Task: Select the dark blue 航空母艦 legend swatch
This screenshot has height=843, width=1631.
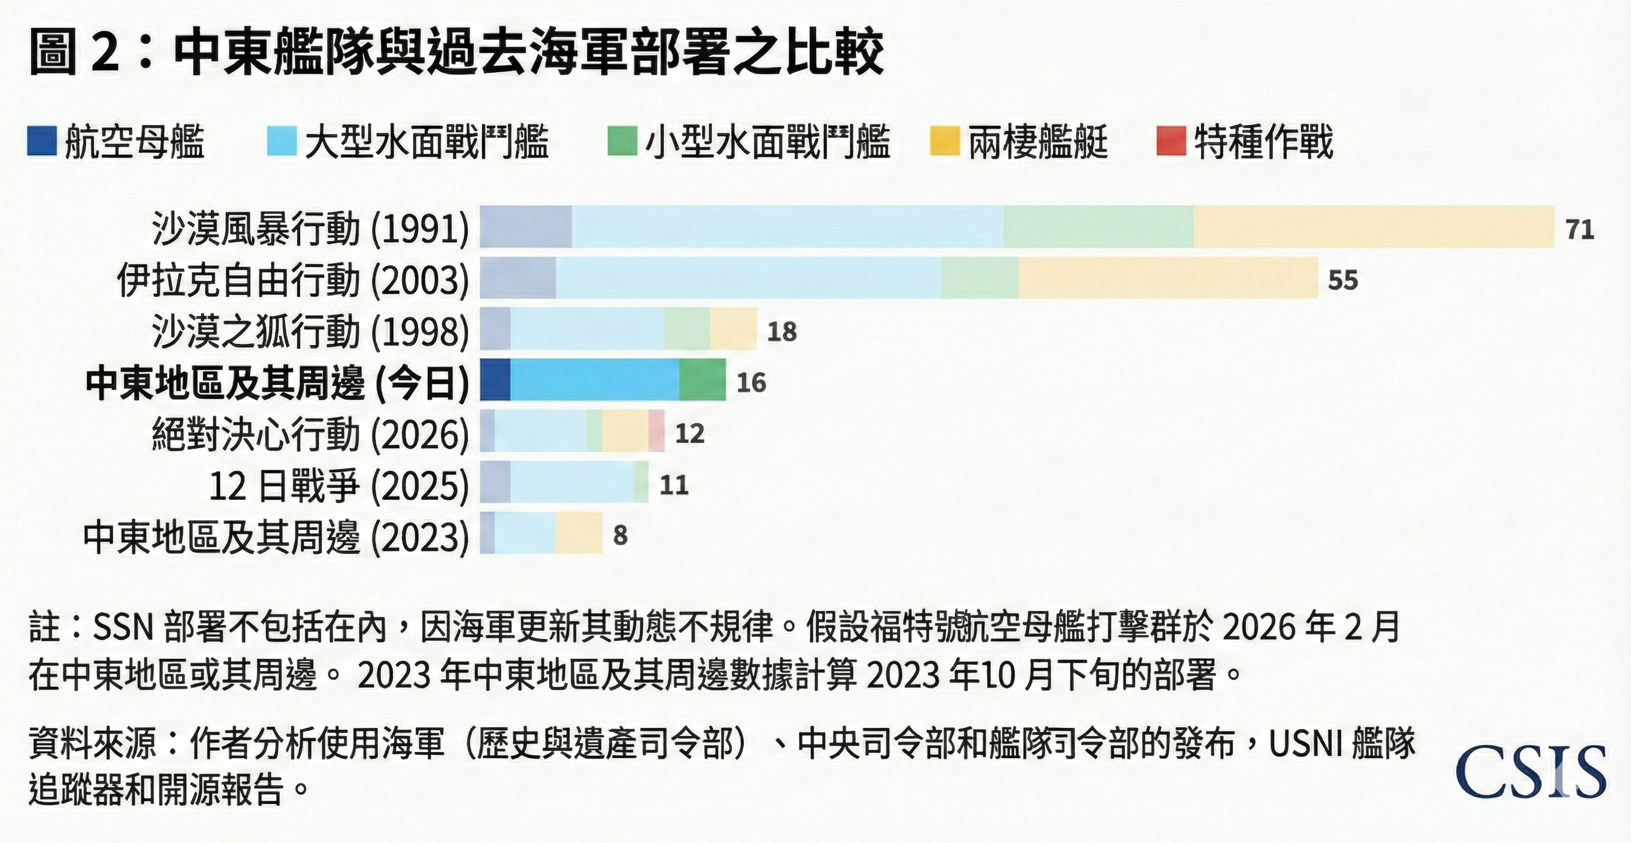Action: (42, 141)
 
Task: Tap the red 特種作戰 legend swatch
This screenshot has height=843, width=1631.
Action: (1171, 141)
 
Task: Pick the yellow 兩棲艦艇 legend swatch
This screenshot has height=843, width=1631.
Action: (944, 141)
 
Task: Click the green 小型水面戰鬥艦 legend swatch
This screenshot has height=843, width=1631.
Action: (622, 141)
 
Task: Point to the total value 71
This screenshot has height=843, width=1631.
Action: (1579, 229)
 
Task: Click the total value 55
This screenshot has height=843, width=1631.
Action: (1342, 280)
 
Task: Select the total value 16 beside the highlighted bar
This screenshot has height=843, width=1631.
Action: (751, 383)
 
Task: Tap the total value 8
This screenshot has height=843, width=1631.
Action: (620, 536)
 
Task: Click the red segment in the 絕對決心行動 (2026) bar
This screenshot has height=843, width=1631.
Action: (656, 431)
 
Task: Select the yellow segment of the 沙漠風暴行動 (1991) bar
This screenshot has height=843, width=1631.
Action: (1374, 227)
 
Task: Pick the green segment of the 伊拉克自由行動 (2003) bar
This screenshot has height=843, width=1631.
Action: (980, 277)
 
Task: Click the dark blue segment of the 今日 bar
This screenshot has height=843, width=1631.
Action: (495, 379)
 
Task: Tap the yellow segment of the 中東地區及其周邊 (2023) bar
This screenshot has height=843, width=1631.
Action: (579, 533)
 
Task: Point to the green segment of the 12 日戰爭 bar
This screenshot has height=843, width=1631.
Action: (641, 482)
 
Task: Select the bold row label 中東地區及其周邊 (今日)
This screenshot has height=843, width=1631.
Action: (277, 383)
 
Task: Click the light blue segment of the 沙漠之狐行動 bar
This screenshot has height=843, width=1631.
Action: (587, 329)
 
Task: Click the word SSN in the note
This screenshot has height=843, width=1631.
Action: (123, 627)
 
